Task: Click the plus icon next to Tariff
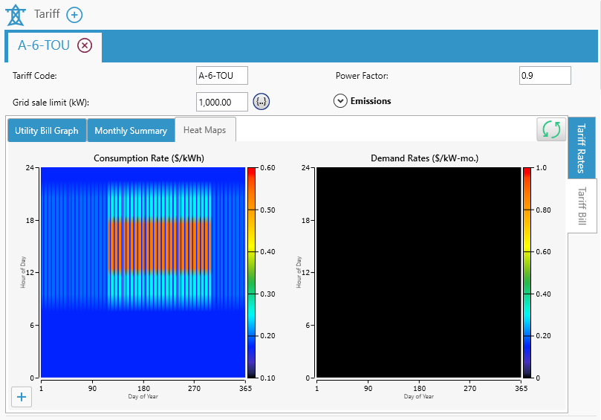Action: pyautogui.click(x=74, y=15)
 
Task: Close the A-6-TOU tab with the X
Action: pyautogui.click(x=85, y=45)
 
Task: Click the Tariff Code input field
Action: pyautogui.click(x=221, y=76)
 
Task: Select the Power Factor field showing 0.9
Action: pyautogui.click(x=545, y=76)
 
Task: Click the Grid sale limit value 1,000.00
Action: pyautogui.click(x=221, y=102)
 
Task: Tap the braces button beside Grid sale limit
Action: pyautogui.click(x=261, y=102)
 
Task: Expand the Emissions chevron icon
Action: pyautogui.click(x=340, y=101)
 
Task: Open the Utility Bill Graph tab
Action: pyautogui.click(x=47, y=131)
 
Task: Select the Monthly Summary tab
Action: pyautogui.click(x=131, y=131)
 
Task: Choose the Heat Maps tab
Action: pyautogui.click(x=204, y=130)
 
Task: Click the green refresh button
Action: pyautogui.click(x=551, y=129)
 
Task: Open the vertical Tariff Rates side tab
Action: pyautogui.click(x=582, y=148)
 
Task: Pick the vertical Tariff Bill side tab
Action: pyautogui.click(x=582, y=205)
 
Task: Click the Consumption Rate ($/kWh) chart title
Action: pyautogui.click(x=149, y=158)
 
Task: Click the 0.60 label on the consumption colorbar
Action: pyautogui.click(x=267, y=168)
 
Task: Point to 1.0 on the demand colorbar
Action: pyautogui.click(x=541, y=168)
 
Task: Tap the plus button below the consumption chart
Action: pyautogui.click(x=22, y=398)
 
